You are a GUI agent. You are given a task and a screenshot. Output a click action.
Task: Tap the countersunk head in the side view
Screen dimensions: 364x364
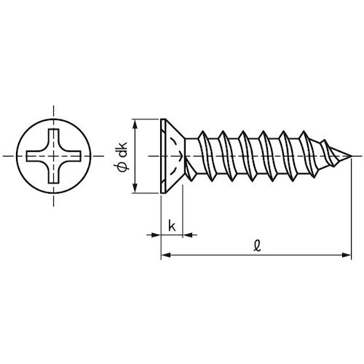(x=169, y=156)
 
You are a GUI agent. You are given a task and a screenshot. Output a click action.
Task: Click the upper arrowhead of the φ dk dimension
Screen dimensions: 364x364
(x=135, y=122)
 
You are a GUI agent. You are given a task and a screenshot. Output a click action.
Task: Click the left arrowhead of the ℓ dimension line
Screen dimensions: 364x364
(x=165, y=255)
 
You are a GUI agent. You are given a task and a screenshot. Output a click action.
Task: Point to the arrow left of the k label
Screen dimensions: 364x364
(x=154, y=234)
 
